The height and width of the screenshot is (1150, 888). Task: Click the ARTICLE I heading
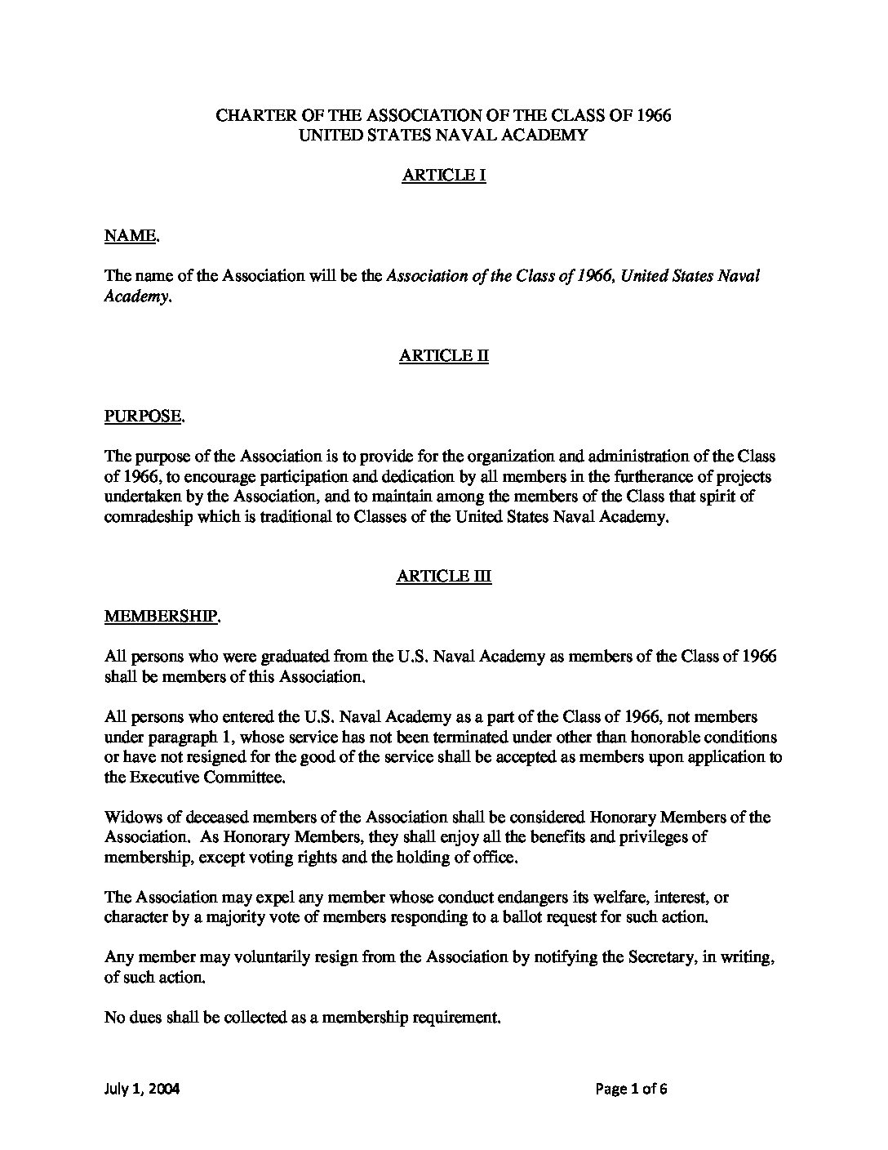pyautogui.click(x=443, y=176)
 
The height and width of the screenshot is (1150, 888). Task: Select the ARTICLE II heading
pyautogui.click(x=443, y=356)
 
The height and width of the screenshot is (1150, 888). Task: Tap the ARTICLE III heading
pyautogui.click(x=443, y=577)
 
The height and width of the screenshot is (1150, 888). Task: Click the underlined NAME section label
pyautogui.click(x=130, y=236)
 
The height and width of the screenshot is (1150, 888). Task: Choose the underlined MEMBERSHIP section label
pyautogui.click(x=160, y=617)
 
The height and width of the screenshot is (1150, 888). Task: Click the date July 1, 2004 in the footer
pyautogui.click(x=142, y=1088)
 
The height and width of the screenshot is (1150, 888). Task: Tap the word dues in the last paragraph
pyautogui.click(x=146, y=1018)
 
